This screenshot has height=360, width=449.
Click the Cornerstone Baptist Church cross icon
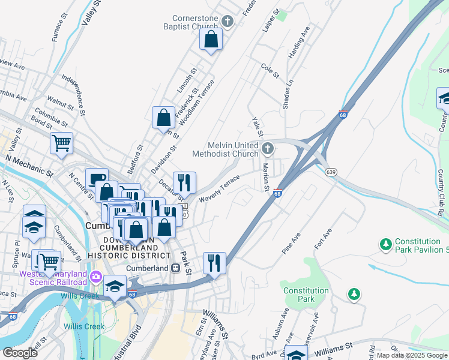pyautogui.click(x=227, y=22)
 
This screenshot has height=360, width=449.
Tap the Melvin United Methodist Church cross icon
pyautogui.click(x=268, y=148)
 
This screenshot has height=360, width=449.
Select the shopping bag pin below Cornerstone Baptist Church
pyautogui.click(x=211, y=40)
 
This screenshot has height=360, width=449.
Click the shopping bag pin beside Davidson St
pyautogui.click(x=163, y=118)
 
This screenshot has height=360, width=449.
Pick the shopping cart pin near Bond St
pyautogui.click(x=61, y=144)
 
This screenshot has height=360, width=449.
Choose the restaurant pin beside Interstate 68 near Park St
pyautogui.click(x=214, y=263)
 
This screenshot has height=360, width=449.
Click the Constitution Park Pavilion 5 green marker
pyautogui.click(x=385, y=244)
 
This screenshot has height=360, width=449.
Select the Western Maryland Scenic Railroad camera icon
pyautogui.click(x=96, y=277)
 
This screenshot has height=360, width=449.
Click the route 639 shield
pyautogui.click(x=331, y=172)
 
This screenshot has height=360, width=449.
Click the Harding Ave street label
pyautogui.click(x=300, y=43)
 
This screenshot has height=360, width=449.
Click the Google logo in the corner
pyautogui.click(x=20, y=352)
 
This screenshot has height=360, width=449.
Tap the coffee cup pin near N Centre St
pyautogui.click(x=97, y=179)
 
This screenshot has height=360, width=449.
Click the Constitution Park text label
pyautogui.click(x=306, y=295)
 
